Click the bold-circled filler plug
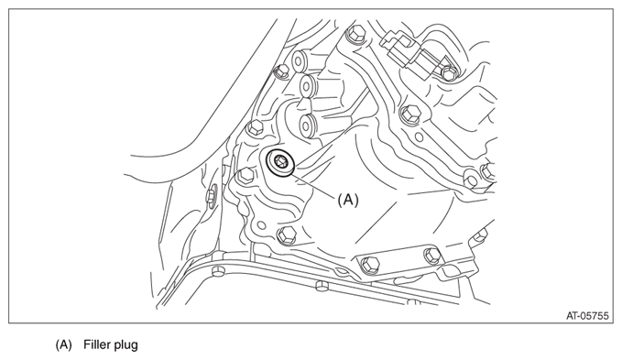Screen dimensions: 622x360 point(280,162)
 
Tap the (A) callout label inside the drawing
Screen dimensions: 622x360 point(348,200)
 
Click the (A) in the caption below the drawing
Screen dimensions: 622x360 point(63,344)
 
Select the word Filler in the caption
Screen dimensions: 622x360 point(96,344)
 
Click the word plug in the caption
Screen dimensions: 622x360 point(125,345)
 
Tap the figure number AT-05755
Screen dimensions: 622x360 point(587,316)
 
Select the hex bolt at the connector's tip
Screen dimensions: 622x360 point(448,73)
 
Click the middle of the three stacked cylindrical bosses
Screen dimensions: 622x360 point(307,87)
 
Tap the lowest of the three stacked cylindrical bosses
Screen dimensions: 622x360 point(308,125)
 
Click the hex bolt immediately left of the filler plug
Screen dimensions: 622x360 point(246,175)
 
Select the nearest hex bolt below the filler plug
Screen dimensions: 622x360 point(287,235)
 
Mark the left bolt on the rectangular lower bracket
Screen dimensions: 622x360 point(370,265)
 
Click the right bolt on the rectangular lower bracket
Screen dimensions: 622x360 point(432,255)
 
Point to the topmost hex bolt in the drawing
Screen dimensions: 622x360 point(355,34)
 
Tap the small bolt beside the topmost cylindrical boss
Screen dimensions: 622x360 point(281,71)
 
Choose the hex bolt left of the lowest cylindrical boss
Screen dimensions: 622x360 point(256,128)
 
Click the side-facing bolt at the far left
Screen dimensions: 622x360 point(211,195)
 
